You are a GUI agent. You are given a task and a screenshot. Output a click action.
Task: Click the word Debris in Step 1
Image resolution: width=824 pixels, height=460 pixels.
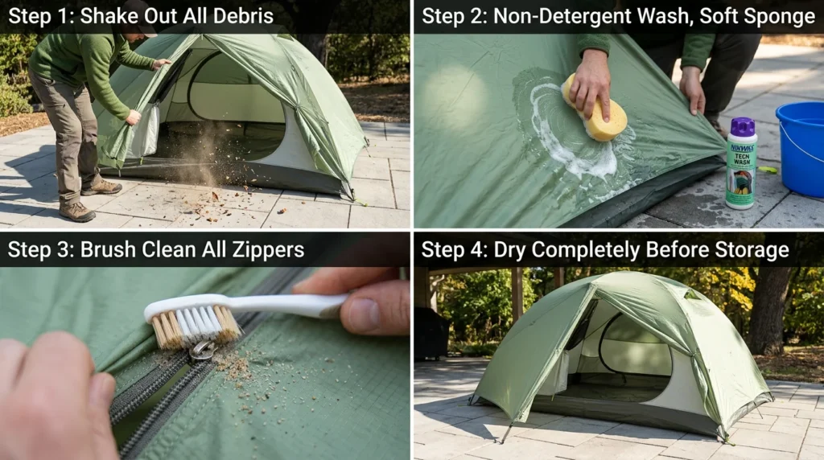(241, 16)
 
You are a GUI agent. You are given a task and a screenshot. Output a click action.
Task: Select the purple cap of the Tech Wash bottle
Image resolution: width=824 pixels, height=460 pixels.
(742, 126)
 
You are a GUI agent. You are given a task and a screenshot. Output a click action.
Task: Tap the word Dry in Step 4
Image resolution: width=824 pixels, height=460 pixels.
(505, 250)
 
